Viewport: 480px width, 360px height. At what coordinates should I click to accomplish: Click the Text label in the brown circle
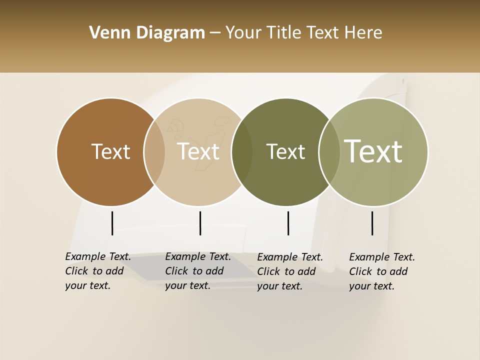[x=110, y=151]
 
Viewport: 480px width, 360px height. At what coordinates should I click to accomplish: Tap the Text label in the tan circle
[x=198, y=151]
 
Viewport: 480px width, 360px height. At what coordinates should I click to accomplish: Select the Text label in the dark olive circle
[x=285, y=151]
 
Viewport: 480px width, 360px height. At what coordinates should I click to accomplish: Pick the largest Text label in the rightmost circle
[x=373, y=151]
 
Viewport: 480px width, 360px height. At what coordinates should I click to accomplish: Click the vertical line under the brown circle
[x=112, y=223]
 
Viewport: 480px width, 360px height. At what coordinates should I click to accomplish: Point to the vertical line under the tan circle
[x=200, y=223]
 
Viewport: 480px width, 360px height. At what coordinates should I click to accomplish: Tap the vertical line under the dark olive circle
[x=288, y=223]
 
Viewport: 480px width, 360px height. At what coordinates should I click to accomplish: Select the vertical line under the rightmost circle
[x=372, y=223]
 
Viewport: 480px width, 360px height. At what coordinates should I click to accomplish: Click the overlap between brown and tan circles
[x=154, y=152]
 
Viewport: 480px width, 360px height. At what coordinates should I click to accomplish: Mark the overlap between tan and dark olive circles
[x=241, y=152]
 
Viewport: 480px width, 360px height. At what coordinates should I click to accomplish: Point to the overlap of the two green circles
[x=329, y=152]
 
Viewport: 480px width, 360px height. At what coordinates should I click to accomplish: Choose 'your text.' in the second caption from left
[x=187, y=285]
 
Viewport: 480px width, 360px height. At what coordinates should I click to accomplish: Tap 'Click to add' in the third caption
[x=286, y=271]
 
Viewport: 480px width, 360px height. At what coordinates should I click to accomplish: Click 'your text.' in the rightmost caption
[x=371, y=286]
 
